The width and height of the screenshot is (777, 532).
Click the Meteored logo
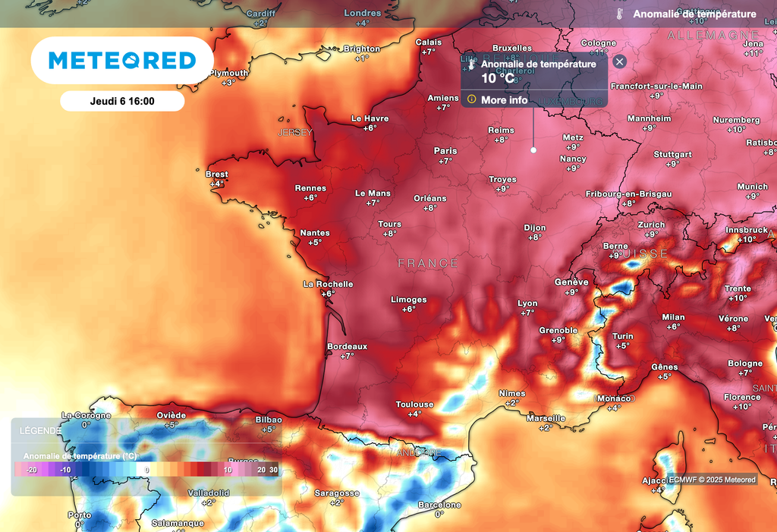pos(122,61)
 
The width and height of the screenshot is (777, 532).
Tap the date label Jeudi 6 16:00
pos(122,101)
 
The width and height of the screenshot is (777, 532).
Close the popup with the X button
pos(619,62)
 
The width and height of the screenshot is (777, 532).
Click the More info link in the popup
pos(504,100)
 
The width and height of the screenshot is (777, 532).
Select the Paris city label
pos(445,151)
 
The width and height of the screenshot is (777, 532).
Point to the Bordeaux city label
pos(347,346)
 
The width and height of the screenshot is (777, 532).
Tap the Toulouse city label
pos(414,405)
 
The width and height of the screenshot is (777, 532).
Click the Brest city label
pos(217,175)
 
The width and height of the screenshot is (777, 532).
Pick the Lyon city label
pos(527,304)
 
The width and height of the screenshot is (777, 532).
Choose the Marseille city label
pos(546,418)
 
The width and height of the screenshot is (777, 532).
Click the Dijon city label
pos(535,228)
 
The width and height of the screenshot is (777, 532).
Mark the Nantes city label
pos(315,233)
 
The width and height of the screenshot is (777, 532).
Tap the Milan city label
pos(673,317)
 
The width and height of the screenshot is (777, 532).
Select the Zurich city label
pos(651,225)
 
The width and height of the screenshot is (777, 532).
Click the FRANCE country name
pos(429,263)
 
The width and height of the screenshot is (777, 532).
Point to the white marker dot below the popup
pos(533,150)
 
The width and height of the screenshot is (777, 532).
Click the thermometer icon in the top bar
pos(620,14)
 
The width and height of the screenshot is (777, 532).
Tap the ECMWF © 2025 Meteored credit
pos(712,480)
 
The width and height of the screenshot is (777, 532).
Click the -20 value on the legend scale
pos(32,471)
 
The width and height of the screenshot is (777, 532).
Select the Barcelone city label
pos(439,505)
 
